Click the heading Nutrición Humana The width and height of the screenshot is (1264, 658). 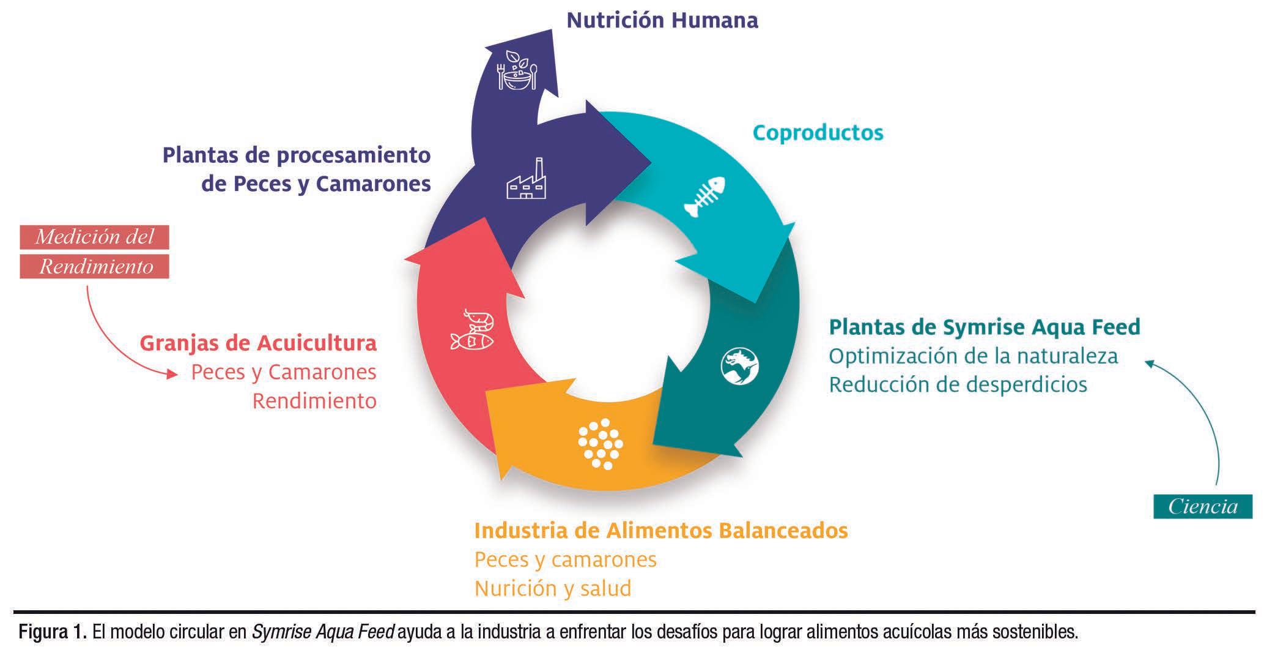point(662,20)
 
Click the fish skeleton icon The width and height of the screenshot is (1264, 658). point(705,196)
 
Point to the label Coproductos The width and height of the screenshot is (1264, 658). point(818,133)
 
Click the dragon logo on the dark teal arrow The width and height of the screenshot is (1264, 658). point(739,366)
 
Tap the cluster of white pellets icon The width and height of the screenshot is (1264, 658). point(601,444)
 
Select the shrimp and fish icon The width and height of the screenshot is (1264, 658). point(472,331)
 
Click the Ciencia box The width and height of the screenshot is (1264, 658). point(1202,507)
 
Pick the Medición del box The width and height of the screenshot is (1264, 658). point(94,237)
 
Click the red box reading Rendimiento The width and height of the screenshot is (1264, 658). point(94,267)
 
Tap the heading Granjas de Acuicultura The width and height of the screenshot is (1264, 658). point(258,343)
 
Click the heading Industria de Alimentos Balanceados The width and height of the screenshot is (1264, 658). point(661,530)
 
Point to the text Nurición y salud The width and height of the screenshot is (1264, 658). point(553,589)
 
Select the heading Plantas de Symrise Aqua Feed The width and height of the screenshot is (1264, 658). point(985,327)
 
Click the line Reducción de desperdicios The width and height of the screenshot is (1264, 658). point(958,385)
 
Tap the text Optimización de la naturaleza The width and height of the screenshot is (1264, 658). point(974,356)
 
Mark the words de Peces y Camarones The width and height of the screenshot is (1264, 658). point(316,184)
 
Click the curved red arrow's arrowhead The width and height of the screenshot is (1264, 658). point(173,374)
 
